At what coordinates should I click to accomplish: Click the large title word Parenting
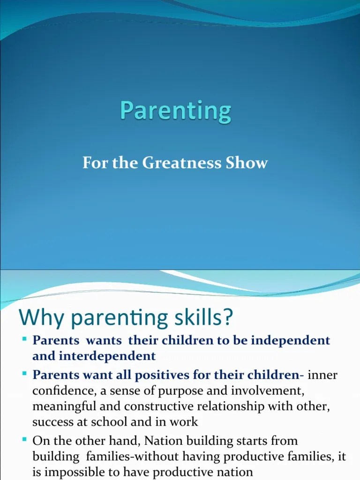pyautogui.click(x=175, y=112)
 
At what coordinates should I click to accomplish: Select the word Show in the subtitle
pyautogui.click(x=250, y=163)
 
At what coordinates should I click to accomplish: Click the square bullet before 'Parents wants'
pyautogui.click(x=24, y=338)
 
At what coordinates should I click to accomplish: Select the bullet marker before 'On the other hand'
pyautogui.click(x=24, y=440)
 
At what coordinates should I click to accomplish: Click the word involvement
pyautogui.click(x=247, y=391)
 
